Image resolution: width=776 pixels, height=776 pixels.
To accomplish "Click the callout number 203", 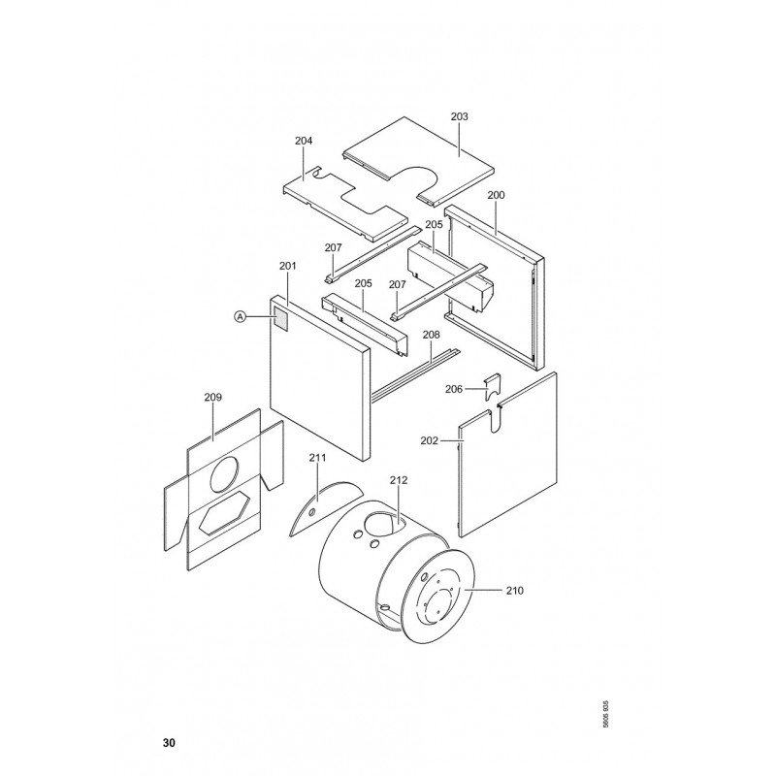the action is (x=459, y=116).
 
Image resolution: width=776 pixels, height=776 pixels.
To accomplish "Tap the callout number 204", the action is (x=304, y=141).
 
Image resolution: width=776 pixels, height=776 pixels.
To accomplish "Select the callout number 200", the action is (x=496, y=195).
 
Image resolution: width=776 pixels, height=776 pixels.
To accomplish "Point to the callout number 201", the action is (x=287, y=266).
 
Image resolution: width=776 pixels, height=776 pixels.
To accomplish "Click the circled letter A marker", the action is (x=240, y=316).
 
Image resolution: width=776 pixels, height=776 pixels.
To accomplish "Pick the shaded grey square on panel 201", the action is (x=280, y=320).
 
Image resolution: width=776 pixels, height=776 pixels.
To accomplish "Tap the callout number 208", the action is (x=431, y=335).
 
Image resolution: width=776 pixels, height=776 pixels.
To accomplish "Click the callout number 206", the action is (x=453, y=389).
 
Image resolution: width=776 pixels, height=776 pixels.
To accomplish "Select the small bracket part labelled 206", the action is (x=493, y=388).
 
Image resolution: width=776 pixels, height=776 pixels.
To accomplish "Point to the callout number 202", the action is (x=429, y=440).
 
